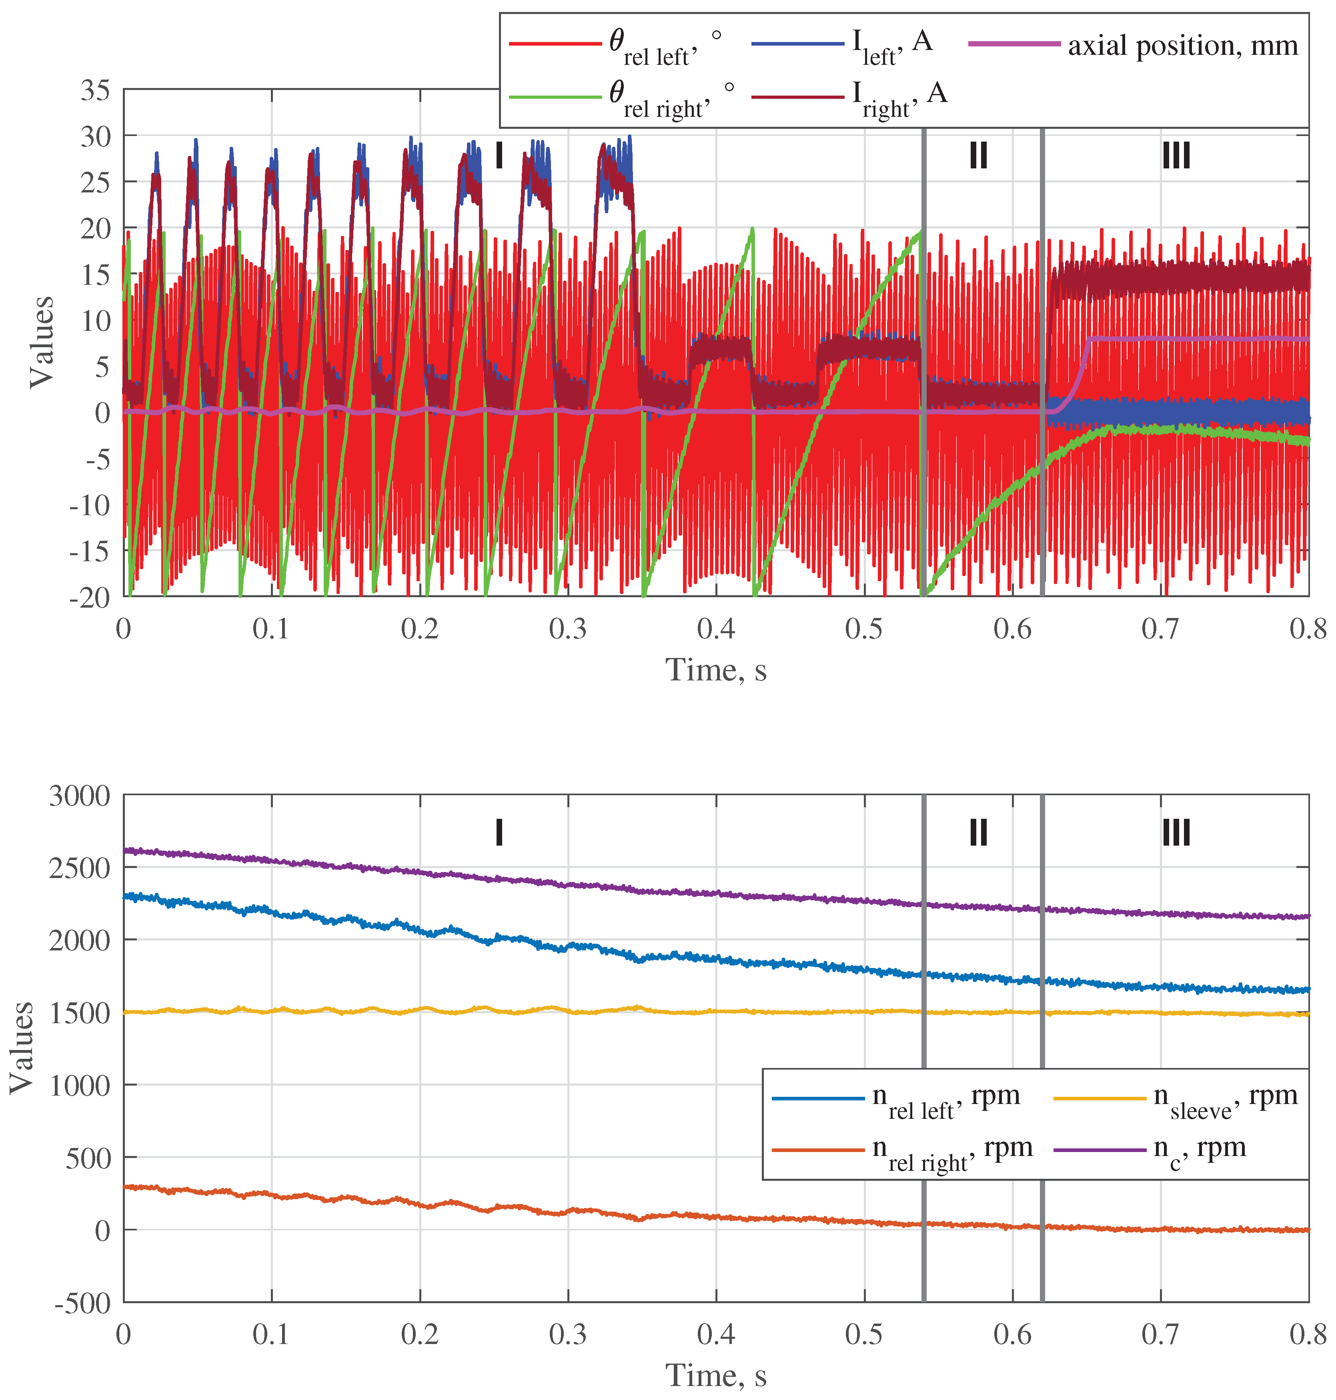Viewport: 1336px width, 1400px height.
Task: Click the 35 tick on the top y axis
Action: click(95, 90)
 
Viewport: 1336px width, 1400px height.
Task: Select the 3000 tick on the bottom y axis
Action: click(80, 796)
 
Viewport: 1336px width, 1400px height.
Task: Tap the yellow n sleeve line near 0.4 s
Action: click(716, 1011)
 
